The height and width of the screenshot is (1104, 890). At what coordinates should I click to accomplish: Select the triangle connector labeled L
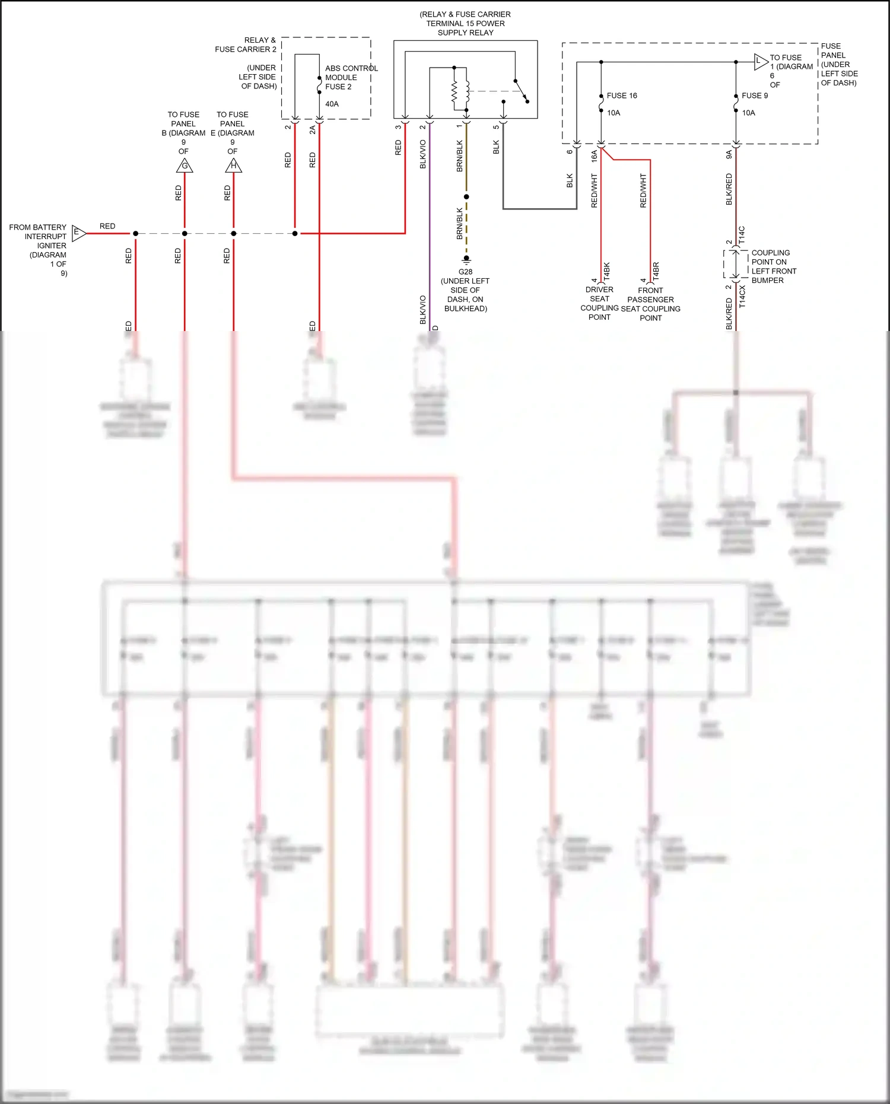point(761,62)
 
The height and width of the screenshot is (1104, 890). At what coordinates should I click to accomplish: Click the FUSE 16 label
point(622,96)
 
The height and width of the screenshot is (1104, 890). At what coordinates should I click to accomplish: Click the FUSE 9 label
point(755,96)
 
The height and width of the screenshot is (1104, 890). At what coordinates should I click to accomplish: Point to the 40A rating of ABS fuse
point(332,104)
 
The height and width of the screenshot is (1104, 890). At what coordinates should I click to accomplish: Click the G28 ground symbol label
point(465,272)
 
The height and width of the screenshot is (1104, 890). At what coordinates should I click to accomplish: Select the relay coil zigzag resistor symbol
point(454,92)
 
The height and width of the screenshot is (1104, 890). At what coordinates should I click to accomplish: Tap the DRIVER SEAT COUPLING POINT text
point(599,303)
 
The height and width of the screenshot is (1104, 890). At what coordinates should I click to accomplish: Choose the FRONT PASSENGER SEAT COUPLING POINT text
point(650,304)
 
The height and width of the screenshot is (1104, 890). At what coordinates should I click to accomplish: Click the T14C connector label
point(742,235)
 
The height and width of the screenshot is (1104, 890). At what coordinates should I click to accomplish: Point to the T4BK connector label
point(606,271)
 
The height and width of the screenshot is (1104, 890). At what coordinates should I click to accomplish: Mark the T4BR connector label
point(656,271)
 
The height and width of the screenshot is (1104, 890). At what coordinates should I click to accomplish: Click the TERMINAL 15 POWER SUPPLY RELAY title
point(465,24)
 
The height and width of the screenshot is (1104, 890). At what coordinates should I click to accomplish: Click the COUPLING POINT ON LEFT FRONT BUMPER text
point(773,266)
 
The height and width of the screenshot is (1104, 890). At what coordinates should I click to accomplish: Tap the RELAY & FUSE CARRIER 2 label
point(246,44)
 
